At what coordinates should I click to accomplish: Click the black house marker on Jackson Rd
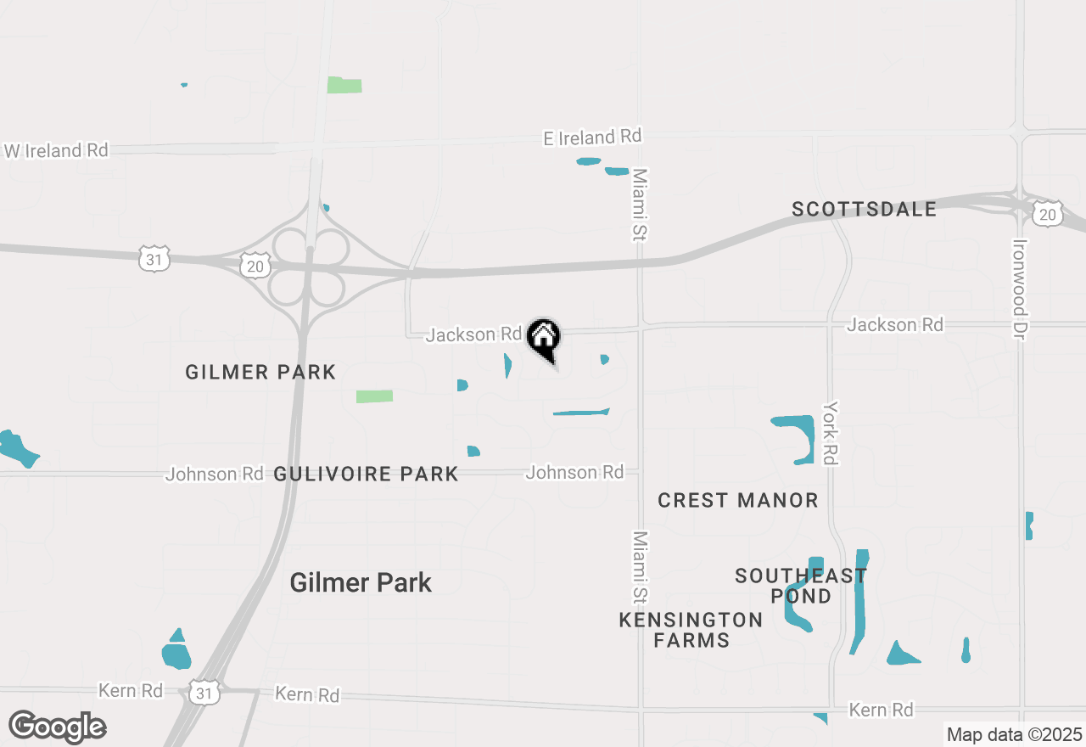[x=543, y=338]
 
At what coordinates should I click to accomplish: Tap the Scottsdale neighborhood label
[x=864, y=209]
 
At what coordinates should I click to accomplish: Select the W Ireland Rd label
[x=56, y=151]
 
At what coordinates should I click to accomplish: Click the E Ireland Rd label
[x=592, y=137]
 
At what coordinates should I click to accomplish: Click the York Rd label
[x=831, y=433]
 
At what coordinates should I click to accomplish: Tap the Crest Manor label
[x=738, y=500]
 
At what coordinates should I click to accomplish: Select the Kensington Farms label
[x=691, y=630]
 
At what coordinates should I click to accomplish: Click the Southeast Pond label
[x=801, y=586]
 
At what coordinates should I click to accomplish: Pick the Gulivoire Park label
[x=366, y=474]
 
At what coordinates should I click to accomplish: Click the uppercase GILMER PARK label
[x=260, y=372]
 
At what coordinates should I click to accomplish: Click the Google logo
[x=57, y=727]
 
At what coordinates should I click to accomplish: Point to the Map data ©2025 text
[x=1013, y=734]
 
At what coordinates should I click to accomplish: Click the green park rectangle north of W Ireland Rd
[x=344, y=85]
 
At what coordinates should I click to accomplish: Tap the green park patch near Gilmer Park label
[x=374, y=396]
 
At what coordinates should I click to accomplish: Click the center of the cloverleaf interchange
[x=309, y=266]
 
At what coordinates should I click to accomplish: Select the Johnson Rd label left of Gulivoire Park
[x=214, y=474]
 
